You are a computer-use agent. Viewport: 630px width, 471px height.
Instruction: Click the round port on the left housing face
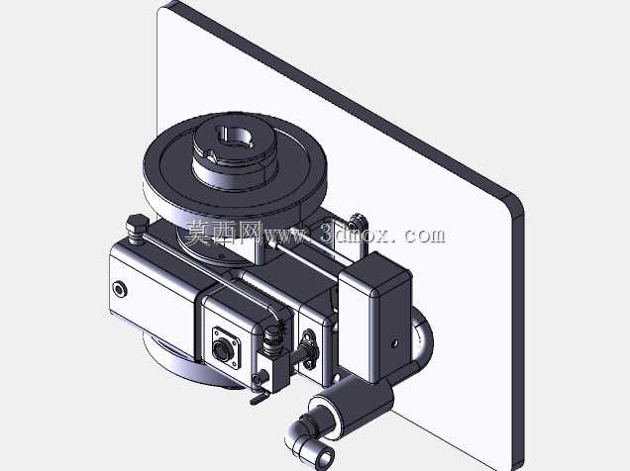click(x=120, y=289)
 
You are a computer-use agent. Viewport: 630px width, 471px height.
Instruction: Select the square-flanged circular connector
click(x=226, y=348)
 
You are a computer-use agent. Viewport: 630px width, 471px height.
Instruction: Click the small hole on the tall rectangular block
click(x=394, y=343)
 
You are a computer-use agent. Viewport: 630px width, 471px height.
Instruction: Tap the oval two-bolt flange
click(x=309, y=349)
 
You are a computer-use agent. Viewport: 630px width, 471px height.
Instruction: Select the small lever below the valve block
click(x=260, y=396)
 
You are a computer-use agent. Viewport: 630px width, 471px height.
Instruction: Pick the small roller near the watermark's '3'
click(x=358, y=221)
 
